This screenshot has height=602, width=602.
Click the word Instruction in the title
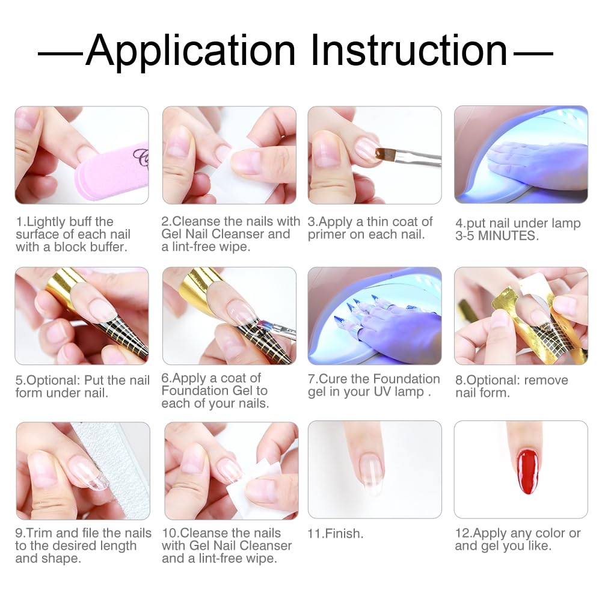pos(408,51)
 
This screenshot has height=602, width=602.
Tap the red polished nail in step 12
pos(527,471)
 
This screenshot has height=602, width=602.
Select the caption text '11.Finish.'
pos(336,533)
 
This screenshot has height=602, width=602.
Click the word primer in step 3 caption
pos(329,235)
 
